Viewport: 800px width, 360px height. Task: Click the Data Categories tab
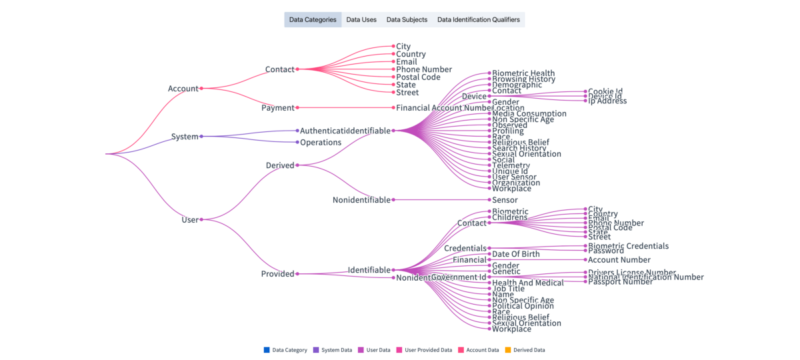pos(313,20)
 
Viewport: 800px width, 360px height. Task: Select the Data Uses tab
pos(361,20)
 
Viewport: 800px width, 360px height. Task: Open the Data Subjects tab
pos(407,20)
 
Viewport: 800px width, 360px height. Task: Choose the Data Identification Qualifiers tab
pos(478,20)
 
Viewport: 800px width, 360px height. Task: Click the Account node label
pos(183,89)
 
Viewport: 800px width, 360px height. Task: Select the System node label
pos(185,137)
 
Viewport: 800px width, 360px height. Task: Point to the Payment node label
pos(277,108)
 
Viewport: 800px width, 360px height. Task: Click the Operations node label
pos(321,143)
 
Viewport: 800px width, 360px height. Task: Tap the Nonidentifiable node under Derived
pos(361,200)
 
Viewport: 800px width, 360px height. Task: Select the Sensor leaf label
pos(505,200)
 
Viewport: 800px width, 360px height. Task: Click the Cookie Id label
pos(605,91)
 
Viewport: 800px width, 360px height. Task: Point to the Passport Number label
pos(620,282)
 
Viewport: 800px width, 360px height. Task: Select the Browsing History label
pos(523,79)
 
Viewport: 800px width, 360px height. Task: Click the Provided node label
pos(277,274)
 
